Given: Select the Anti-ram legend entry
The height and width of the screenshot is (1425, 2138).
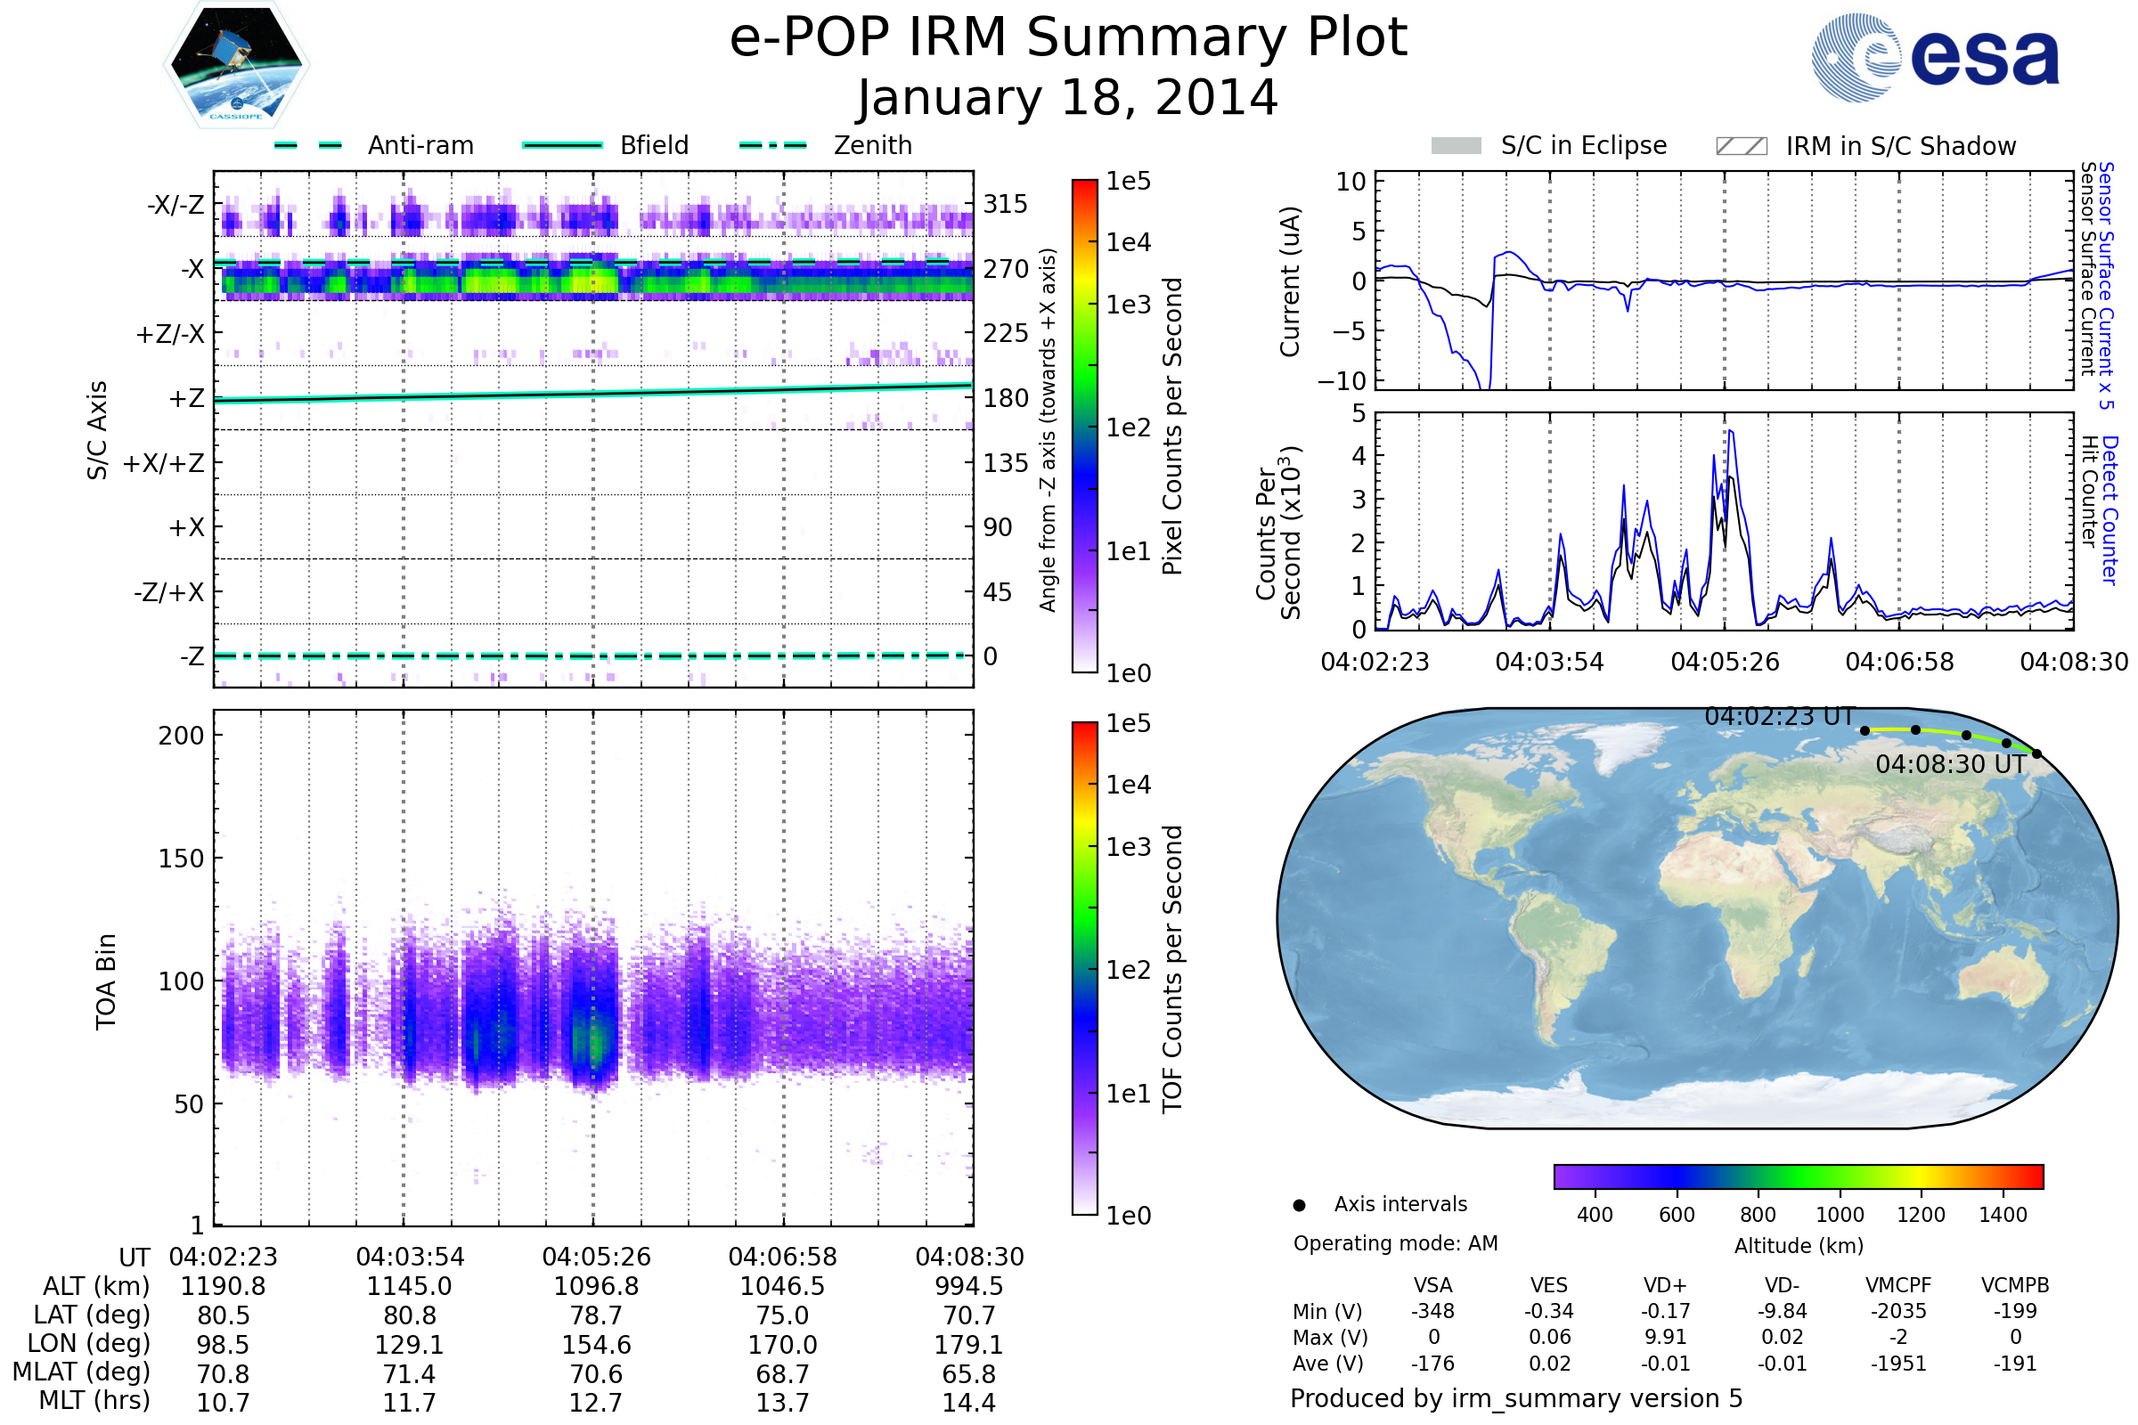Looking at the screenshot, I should [420, 145].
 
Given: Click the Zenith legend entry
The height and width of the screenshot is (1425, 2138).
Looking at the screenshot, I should [872, 145].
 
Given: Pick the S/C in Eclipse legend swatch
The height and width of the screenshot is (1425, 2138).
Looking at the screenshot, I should [1456, 146].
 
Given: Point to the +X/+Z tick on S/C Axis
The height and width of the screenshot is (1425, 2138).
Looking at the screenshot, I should [164, 463].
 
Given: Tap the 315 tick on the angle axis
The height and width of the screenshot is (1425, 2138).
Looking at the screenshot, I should [1005, 204].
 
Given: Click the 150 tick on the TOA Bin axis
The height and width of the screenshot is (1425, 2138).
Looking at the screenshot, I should [181, 859].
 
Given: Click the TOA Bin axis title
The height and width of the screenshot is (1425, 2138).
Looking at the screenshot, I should [106, 981].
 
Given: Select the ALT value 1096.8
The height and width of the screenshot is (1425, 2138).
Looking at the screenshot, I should [596, 1287].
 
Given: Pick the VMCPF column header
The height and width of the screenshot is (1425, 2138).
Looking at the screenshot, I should [1898, 1286].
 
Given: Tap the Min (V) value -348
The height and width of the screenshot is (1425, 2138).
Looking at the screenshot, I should [1432, 1311].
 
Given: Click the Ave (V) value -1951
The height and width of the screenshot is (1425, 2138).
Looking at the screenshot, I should [1898, 1364].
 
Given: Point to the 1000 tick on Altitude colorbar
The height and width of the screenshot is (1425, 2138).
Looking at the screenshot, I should [1839, 1215].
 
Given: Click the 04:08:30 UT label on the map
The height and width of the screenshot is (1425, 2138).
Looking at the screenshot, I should [1951, 764].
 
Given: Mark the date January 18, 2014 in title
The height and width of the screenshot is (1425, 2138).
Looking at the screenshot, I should [1068, 98].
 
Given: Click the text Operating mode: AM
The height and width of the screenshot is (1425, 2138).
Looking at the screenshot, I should [1395, 1243].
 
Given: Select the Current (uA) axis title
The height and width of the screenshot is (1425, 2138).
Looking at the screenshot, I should [1290, 281].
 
